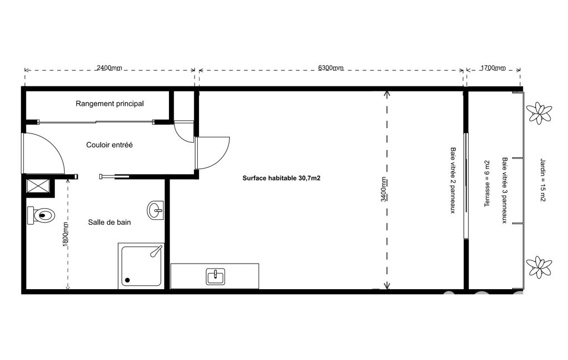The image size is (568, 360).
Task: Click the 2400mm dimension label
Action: [109, 68]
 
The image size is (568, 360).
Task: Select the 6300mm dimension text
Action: [331, 68]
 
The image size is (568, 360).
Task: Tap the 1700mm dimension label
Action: [493, 68]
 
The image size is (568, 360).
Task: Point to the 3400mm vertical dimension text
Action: [383, 189]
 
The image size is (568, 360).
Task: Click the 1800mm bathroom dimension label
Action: [65, 234]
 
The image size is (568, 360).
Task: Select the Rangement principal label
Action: [110, 104]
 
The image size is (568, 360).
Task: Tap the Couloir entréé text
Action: [109, 145]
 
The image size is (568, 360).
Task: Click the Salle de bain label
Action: [109, 223]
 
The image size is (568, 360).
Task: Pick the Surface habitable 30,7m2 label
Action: [282, 178]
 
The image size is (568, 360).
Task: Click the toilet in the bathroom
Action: [40, 216]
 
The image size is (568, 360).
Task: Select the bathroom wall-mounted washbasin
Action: [155, 210]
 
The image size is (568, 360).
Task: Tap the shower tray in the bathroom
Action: [141, 266]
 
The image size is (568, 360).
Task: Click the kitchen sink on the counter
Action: [216, 277]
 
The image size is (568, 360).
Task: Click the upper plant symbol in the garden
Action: [539, 112]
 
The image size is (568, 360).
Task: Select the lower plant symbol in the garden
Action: [539, 267]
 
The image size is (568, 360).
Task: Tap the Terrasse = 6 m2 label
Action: [487, 184]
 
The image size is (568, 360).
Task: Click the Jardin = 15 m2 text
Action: [543, 179]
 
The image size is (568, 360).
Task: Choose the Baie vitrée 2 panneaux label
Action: [453, 180]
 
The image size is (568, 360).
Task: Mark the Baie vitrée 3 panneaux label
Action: [505, 190]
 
